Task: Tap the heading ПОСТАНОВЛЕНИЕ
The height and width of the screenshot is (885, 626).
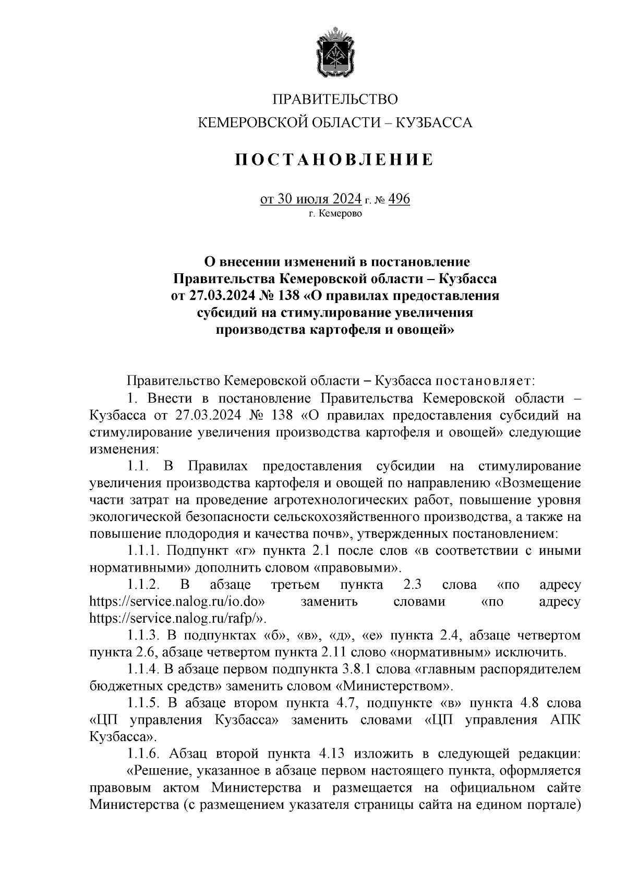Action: [x=334, y=160]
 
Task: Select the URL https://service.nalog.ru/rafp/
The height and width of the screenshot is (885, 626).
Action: [x=176, y=619]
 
